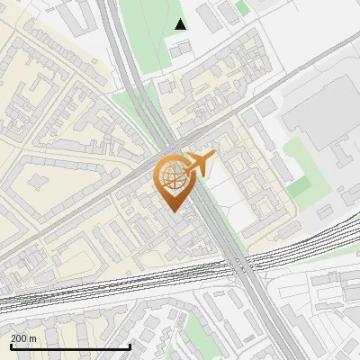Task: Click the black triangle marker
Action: pyautogui.click(x=181, y=24)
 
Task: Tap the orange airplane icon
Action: pyautogui.click(x=198, y=164)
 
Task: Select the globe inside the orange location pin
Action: pyautogui.click(x=172, y=177)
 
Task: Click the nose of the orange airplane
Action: pyautogui.click(x=214, y=157)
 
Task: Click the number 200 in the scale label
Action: pyautogui.click(x=19, y=338)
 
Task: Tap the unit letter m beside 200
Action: pyautogui.click(x=33, y=338)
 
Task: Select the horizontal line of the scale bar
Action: pyautogui.click(x=69, y=346)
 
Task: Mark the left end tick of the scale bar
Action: pyautogui.click(x=9, y=346)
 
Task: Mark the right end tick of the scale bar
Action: pyautogui.click(x=130, y=346)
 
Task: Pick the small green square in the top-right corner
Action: pyautogui.click(x=243, y=9)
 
